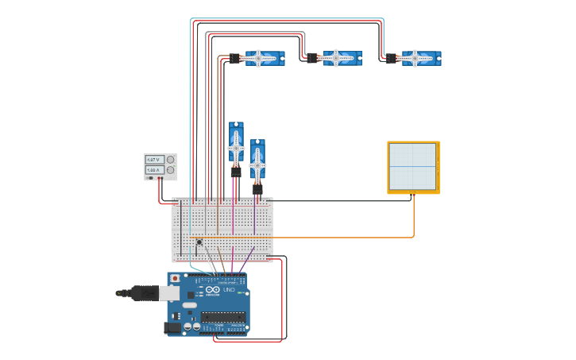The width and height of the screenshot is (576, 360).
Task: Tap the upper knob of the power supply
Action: tap(170, 160)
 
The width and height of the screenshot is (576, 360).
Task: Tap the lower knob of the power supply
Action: tap(170, 170)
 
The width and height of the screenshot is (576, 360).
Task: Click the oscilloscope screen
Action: tap(412, 166)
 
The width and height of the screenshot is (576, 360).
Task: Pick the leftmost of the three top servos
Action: tap(263, 58)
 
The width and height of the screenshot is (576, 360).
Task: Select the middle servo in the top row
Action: tap(341, 58)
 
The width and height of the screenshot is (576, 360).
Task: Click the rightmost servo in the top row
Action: tap(419, 58)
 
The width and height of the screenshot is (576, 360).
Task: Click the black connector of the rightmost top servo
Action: tap(391, 58)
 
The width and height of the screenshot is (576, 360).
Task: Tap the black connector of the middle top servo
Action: tap(313, 58)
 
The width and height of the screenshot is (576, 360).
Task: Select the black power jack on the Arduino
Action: tap(173, 327)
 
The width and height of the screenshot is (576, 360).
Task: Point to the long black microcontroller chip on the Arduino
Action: tap(222, 317)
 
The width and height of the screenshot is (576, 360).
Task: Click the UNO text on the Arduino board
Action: tap(228, 290)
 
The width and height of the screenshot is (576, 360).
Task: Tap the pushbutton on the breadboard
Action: tap(199, 242)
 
